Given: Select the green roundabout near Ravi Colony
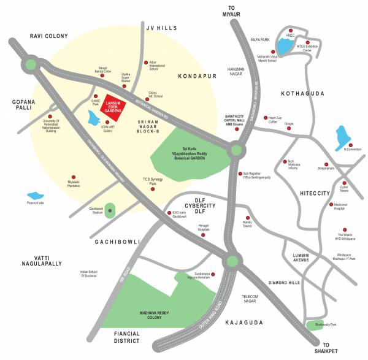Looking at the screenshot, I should pyautogui.click(x=31, y=63).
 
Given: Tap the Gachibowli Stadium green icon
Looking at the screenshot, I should pyautogui.click(x=110, y=211).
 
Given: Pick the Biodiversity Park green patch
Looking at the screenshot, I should pyautogui.click(x=315, y=324).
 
